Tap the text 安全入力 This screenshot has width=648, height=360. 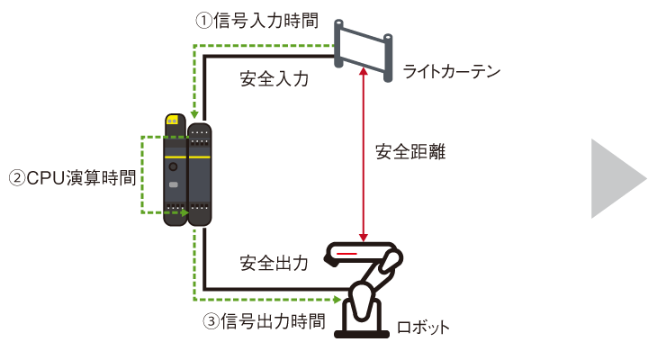(x=274, y=78)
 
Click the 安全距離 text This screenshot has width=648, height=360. (x=410, y=152)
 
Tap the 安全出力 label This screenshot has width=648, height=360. (x=274, y=263)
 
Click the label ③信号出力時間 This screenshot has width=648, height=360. (x=261, y=320)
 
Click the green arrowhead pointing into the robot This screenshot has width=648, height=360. (x=338, y=299)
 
